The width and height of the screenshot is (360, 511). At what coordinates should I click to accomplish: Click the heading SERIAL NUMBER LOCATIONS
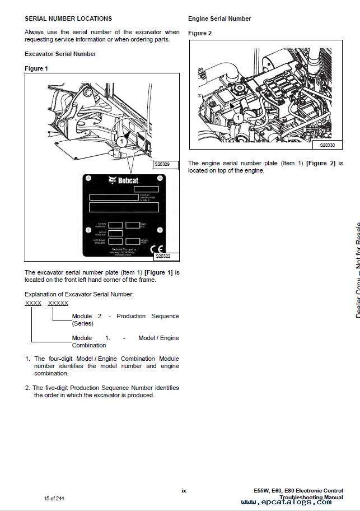(x=68, y=18)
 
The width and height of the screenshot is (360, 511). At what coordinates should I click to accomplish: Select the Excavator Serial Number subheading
(x=60, y=54)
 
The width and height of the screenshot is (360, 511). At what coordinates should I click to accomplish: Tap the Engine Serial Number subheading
(x=219, y=18)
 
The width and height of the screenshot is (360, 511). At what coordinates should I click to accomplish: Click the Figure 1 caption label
(x=36, y=68)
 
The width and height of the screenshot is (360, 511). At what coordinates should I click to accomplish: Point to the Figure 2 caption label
(x=200, y=33)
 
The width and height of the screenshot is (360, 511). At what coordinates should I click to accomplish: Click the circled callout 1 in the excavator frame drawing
(x=121, y=141)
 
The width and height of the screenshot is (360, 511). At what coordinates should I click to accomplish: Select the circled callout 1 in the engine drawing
(x=237, y=118)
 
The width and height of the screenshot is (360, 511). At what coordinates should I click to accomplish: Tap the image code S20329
(x=166, y=165)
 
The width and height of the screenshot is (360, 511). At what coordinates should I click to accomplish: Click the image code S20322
(x=166, y=257)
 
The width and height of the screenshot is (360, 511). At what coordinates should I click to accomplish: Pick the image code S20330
(x=328, y=145)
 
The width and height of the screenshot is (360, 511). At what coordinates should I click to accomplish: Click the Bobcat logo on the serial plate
(x=123, y=180)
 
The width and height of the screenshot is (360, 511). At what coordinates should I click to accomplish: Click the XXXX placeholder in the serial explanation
(x=33, y=303)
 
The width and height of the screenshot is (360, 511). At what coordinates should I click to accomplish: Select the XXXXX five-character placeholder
(x=58, y=303)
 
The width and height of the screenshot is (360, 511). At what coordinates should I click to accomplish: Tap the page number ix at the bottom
(x=184, y=491)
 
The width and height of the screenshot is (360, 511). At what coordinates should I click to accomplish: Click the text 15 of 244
(x=54, y=499)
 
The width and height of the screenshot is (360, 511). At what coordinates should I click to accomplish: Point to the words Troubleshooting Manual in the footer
(x=311, y=497)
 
